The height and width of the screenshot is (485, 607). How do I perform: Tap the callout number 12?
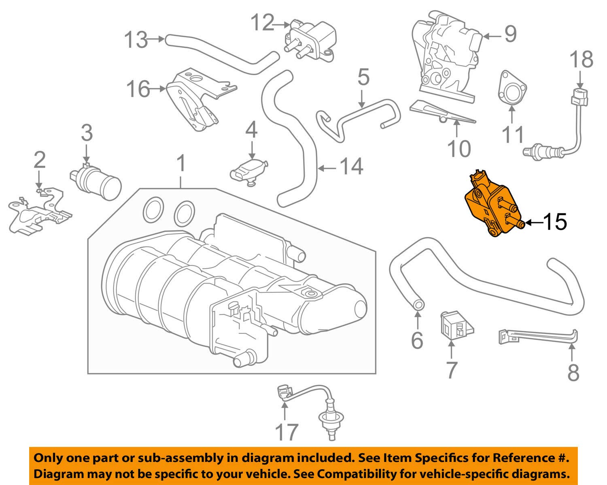click(x=263, y=22)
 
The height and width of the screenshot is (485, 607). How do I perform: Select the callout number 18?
click(x=582, y=60)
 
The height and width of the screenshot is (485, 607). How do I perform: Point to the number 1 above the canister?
click(x=181, y=163)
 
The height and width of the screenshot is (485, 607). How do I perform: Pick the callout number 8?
click(x=573, y=372)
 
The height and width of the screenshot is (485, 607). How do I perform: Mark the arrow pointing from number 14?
click(x=327, y=169)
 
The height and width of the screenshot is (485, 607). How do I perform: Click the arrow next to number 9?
click(x=492, y=36)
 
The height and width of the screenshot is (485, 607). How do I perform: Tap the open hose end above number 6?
click(x=418, y=306)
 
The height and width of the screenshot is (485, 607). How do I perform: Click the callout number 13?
click(x=136, y=40)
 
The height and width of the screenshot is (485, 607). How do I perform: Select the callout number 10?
click(x=459, y=148)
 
